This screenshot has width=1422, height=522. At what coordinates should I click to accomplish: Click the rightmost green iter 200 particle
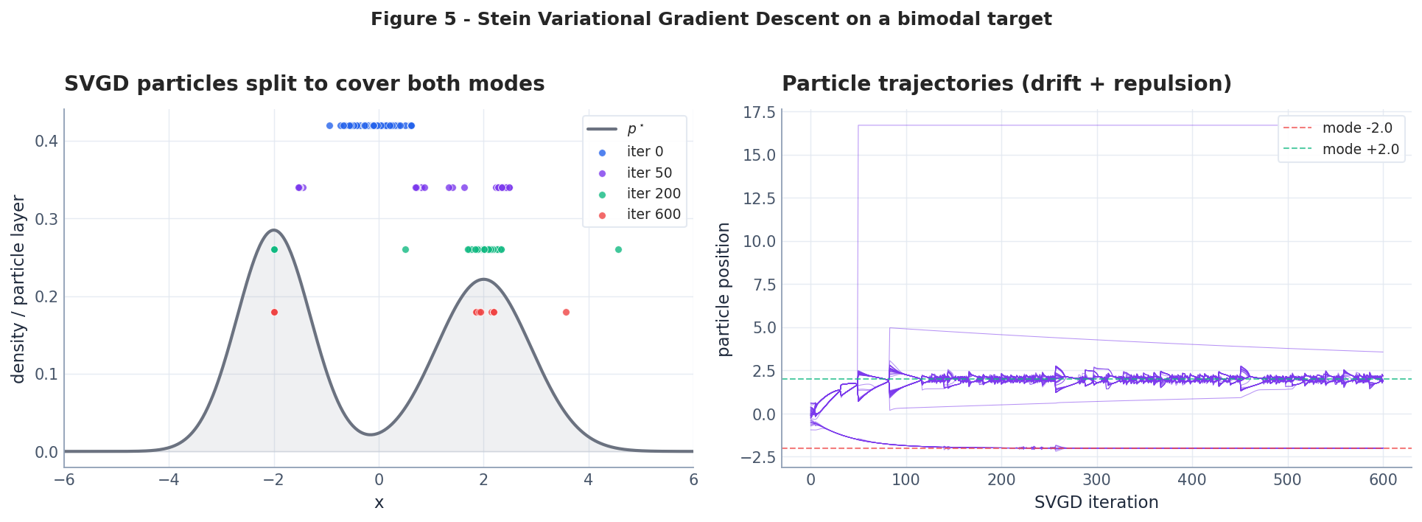tap(618, 249)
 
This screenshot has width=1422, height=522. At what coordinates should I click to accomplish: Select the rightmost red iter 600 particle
tap(566, 312)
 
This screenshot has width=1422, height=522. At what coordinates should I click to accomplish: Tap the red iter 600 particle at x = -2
tap(274, 312)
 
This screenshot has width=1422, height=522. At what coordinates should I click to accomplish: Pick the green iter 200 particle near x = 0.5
tap(405, 249)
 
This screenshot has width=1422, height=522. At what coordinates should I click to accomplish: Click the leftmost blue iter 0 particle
tap(329, 125)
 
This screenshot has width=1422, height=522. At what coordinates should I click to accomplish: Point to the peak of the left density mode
tap(273, 229)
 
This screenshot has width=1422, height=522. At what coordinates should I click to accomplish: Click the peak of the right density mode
tap(483, 279)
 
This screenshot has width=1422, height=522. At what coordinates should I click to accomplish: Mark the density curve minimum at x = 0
tap(371, 434)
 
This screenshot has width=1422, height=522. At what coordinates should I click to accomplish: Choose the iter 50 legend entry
tap(648, 173)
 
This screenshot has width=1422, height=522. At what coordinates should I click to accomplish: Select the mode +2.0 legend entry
tap(1360, 149)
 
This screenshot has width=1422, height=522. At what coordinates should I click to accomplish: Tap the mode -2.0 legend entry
tap(1356, 128)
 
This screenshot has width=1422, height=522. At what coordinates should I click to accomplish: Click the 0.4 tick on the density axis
tap(46, 141)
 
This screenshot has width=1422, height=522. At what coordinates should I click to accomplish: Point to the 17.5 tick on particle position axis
tap(759, 112)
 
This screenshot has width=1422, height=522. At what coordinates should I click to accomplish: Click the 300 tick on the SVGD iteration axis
tap(1096, 480)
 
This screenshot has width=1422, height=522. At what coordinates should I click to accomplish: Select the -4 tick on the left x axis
tap(169, 480)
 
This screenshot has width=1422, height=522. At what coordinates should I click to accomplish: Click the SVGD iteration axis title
tap(1096, 503)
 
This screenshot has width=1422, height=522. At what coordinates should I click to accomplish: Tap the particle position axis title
tap(724, 289)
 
